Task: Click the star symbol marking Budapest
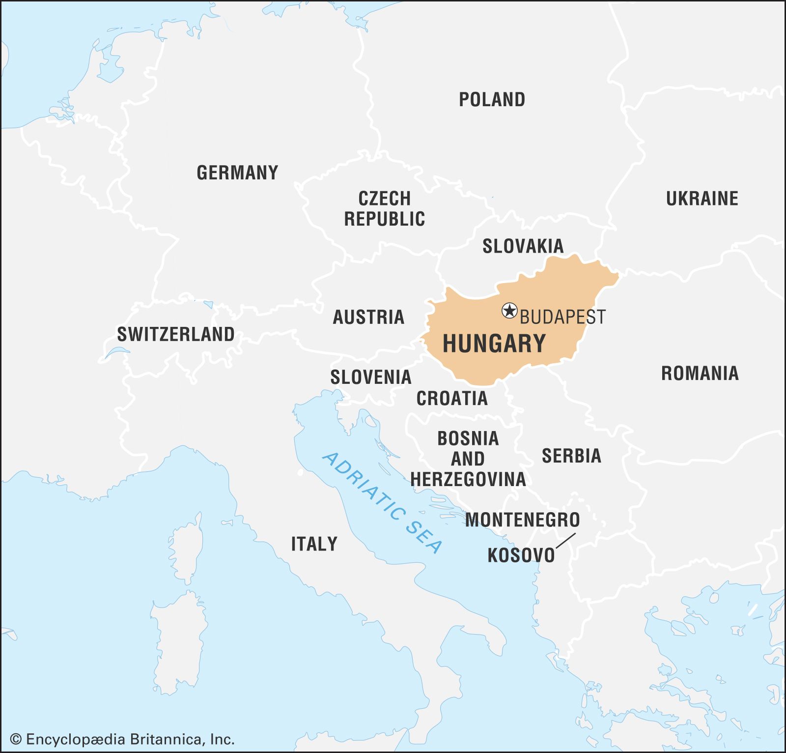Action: click(x=509, y=311)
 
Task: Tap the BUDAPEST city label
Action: click(x=562, y=317)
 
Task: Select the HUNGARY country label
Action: click(x=494, y=343)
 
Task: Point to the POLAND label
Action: click(x=492, y=100)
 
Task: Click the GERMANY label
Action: click(x=237, y=173)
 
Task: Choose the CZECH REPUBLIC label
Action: click(x=384, y=209)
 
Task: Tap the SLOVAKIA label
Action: click(x=523, y=246)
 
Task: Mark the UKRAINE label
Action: click(x=702, y=199)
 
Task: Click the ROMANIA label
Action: click(x=700, y=374)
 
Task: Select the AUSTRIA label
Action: click(x=368, y=317)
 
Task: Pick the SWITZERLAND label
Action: click(x=176, y=334)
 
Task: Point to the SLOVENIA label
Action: click(x=370, y=377)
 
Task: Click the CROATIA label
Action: click(x=452, y=398)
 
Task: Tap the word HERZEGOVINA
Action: click(x=468, y=479)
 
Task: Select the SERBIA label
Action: click(x=571, y=456)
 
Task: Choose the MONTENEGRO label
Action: click(x=522, y=520)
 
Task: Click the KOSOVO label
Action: click(x=521, y=555)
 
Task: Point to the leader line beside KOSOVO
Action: click(x=565, y=540)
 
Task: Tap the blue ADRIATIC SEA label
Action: click(x=382, y=502)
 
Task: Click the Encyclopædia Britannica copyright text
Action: click(x=123, y=739)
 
